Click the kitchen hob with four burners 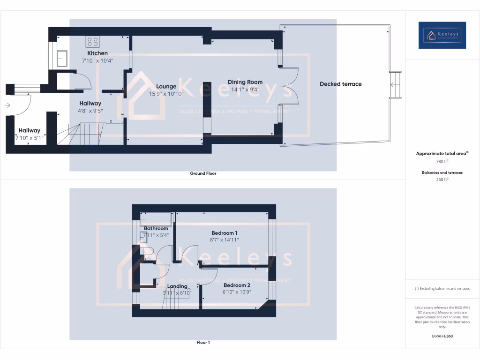[92, 42]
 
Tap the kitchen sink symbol [61, 59]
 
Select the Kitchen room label [97, 53]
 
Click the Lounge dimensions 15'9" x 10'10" [166, 94]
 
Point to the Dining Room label [245, 82]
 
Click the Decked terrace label [341, 84]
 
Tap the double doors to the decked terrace [289, 86]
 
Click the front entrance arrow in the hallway [7, 105]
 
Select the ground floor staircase [80, 135]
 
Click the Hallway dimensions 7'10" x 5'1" [29, 138]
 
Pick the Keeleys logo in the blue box [442, 35]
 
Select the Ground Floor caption [203, 173]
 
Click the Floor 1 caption [203, 343]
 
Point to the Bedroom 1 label [225, 233]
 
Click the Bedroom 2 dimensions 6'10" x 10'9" [237, 292]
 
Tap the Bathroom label [156, 228]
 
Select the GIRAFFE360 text [442, 336]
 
